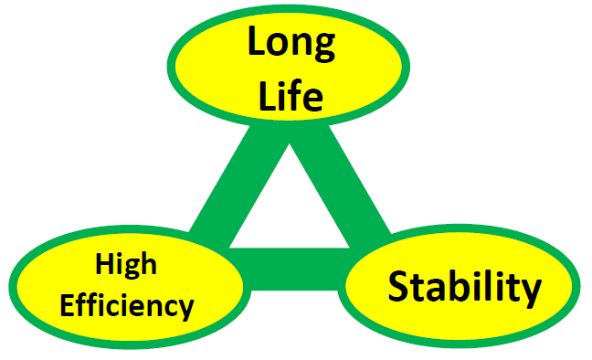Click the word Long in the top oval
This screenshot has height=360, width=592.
pos(291,43)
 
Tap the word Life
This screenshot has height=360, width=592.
pos(291,95)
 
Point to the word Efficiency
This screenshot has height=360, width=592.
pos(127,305)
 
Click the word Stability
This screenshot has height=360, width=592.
pos(464,288)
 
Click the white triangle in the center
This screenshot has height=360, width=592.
pos(290,212)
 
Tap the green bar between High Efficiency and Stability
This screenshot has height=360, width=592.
pos(294,270)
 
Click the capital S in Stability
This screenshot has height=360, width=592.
pos(399,286)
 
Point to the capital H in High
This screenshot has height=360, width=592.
pos(105,264)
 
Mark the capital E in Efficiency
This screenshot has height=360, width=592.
pos(69,305)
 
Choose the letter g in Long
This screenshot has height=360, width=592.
pos(323,48)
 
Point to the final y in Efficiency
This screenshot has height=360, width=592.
pos(184,310)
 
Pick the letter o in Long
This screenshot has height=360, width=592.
pos(279,45)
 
